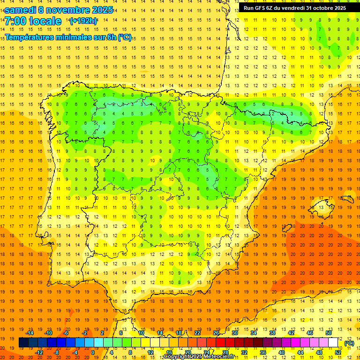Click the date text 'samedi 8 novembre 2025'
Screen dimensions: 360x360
coord(58,10)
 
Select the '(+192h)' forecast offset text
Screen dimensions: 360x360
coord(83,21)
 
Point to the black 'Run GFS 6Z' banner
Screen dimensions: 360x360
coord(295,8)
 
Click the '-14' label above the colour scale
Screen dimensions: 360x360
coord(30,332)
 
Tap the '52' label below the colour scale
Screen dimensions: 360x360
coord(337,352)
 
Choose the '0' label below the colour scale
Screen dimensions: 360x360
coord(93,352)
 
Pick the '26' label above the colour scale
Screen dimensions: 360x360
coord(216,332)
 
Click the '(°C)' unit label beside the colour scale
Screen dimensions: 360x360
coord(349,343)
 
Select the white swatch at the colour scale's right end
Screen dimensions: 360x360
coord(333,343)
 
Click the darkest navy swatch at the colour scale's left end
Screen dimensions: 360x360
coord(23,343)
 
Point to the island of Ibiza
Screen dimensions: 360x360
coord(287,229)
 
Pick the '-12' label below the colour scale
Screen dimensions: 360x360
coord(39,352)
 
